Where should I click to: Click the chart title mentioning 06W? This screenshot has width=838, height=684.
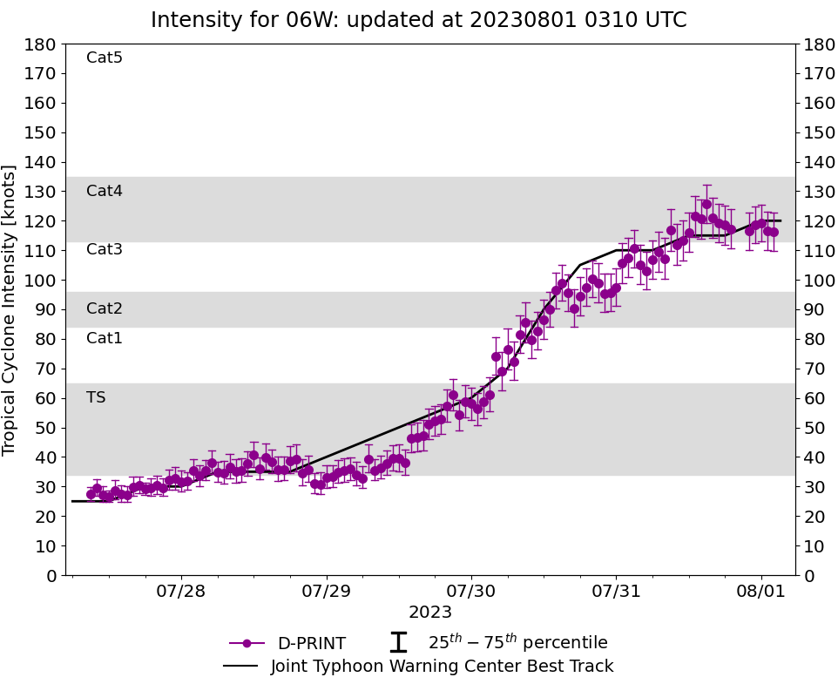[x=418, y=20]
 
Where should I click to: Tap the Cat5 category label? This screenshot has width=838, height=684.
[x=105, y=58]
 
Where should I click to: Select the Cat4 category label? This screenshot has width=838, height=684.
[x=105, y=191]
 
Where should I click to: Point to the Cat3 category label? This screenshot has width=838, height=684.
[x=105, y=250]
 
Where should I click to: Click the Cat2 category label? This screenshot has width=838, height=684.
[x=105, y=308]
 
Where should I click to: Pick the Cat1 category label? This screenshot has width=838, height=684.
[x=105, y=338]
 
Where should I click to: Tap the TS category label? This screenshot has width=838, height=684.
[x=96, y=397]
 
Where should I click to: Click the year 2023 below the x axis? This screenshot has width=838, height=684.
[x=430, y=613]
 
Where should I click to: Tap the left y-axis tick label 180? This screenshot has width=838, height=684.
[x=42, y=44]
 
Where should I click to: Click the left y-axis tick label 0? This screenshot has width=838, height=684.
[x=51, y=576]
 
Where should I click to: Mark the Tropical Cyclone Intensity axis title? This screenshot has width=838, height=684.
[x=10, y=309]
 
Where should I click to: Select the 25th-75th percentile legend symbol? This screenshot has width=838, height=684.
[x=398, y=643]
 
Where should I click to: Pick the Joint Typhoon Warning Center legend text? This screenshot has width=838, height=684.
[x=442, y=667]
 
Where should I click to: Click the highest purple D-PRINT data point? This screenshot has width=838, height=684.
[x=706, y=204]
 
